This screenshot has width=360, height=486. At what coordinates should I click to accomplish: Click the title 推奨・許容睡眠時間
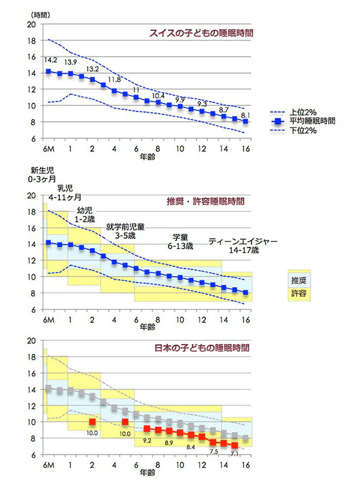click(205, 202)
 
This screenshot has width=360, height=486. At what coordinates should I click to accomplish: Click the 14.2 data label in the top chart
click(50, 59)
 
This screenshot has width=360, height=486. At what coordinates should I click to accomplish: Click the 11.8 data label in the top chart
click(115, 79)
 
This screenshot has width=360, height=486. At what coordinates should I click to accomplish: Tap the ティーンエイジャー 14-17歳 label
click(242, 246)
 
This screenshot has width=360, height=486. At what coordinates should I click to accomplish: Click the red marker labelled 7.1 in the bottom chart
click(234, 445)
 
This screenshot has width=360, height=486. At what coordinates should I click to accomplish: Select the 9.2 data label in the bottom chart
click(147, 441)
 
